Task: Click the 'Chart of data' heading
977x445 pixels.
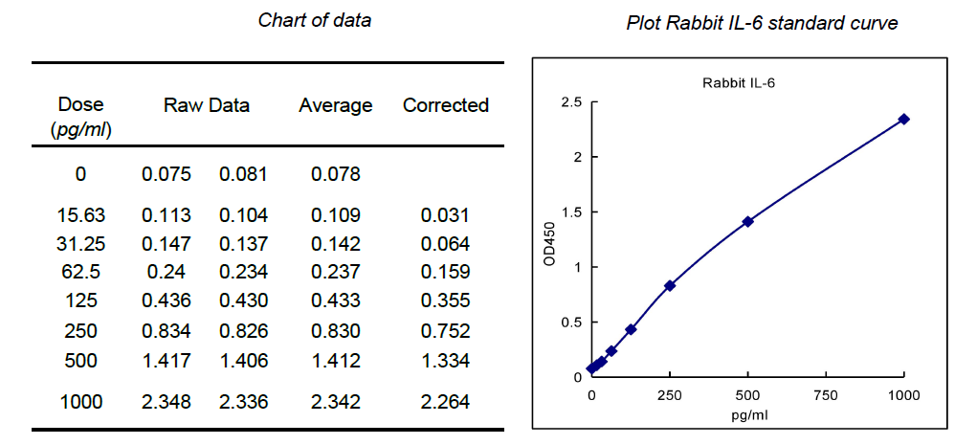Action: pyautogui.click(x=315, y=20)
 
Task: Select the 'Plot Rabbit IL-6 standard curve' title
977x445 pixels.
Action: pyautogui.click(x=762, y=24)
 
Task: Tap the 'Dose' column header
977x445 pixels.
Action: pyautogui.click(x=80, y=105)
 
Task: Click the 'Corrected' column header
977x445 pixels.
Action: pyautogui.click(x=445, y=105)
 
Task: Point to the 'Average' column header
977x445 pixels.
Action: pyautogui.click(x=335, y=105)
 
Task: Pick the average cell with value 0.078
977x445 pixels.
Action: pyautogui.click(x=335, y=174)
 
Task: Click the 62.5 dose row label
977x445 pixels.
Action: pyautogui.click(x=80, y=271)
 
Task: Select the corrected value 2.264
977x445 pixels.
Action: pyautogui.click(x=445, y=402)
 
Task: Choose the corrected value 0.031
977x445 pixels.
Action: pyautogui.click(x=445, y=215)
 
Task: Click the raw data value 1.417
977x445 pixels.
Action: pyautogui.click(x=167, y=361)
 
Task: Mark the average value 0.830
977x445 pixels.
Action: pyautogui.click(x=335, y=331)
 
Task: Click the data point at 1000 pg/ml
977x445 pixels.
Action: pyautogui.click(x=903, y=119)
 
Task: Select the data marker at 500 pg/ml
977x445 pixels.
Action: pyautogui.click(x=747, y=221)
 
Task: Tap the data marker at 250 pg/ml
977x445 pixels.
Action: pyautogui.click(x=670, y=285)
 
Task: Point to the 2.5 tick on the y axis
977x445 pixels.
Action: pyautogui.click(x=570, y=101)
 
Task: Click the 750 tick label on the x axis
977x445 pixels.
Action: pyautogui.click(x=825, y=395)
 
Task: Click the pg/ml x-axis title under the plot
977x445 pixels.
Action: pyautogui.click(x=747, y=415)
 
